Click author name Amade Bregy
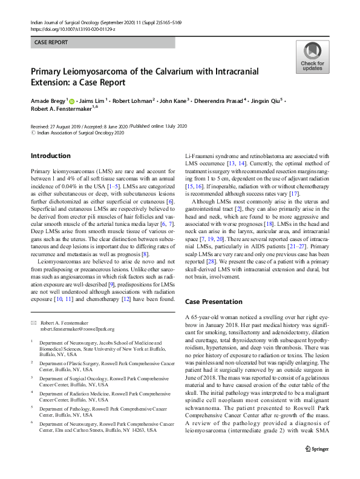click(48, 100)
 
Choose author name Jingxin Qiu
click(269, 100)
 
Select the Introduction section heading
click(51, 156)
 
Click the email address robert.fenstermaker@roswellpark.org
click(77, 329)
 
